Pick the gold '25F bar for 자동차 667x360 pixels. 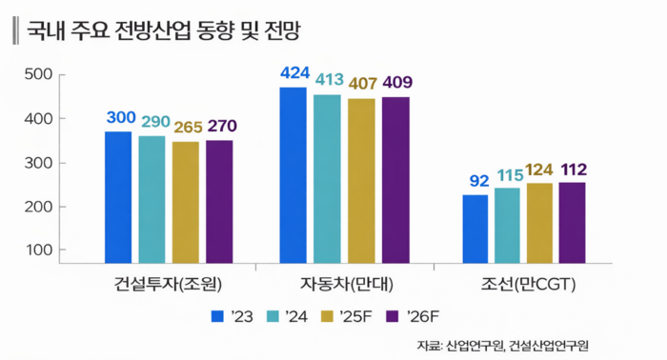click(x=361, y=180)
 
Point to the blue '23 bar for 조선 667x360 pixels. click(x=475, y=229)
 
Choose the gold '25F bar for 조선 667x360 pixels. click(x=539, y=223)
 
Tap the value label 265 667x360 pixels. click(x=187, y=127)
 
